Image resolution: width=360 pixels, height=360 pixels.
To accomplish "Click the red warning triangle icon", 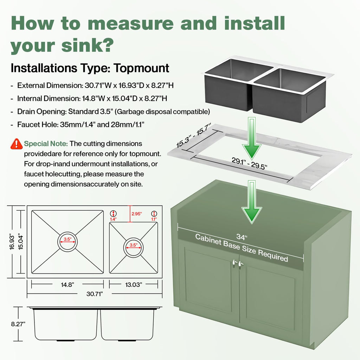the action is (16, 144).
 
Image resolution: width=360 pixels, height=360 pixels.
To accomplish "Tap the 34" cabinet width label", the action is (242, 237).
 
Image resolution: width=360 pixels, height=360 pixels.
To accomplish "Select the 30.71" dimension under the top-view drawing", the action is (94, 294).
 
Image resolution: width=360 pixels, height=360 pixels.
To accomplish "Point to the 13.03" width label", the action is (133, 285).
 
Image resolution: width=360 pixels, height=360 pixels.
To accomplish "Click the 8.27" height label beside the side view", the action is (18, 324).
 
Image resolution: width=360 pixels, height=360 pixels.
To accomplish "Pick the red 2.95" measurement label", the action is (137, 214).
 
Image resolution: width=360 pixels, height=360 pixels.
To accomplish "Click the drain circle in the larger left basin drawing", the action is (67, 242).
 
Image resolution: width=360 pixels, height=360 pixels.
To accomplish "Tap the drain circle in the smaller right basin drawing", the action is (133, 248).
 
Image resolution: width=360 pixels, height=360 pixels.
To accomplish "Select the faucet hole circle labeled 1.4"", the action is (114, 213).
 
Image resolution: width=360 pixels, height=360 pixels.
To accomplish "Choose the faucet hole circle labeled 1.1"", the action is (154, 213).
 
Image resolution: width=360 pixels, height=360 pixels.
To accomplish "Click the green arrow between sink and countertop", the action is (252, 138).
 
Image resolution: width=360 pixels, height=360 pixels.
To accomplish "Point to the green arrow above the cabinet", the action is (252, 202).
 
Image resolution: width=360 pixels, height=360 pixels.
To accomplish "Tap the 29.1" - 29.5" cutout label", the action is (249, 163).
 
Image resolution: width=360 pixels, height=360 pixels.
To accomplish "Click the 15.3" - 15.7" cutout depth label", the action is (193, 135).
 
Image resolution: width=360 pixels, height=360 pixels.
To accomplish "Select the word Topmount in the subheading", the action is (141, 68).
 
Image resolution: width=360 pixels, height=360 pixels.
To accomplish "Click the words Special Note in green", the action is (46, 144).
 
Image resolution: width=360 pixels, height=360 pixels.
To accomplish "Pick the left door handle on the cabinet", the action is (234, 263).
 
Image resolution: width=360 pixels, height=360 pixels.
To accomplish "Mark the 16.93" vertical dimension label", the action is (12, 242).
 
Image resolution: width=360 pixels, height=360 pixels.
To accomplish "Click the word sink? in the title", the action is (88, 45).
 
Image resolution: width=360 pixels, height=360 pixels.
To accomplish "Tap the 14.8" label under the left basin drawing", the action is (67, 285).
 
